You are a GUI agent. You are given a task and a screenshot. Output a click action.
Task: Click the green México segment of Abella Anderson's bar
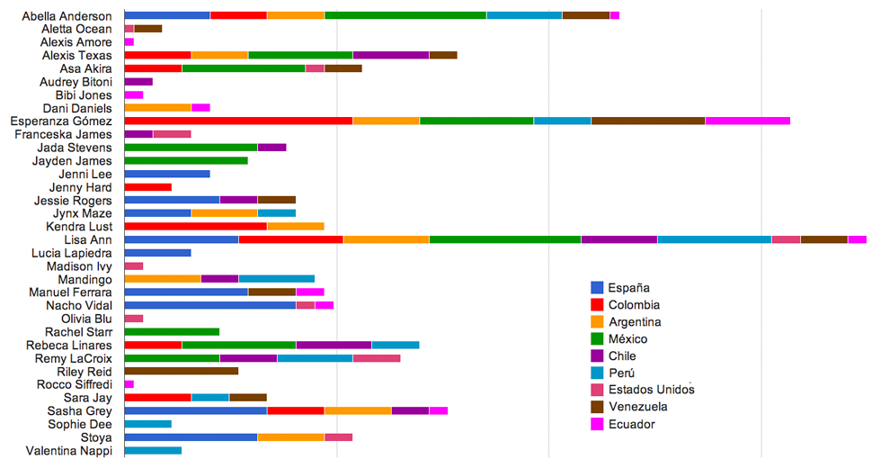[x=405, y=15]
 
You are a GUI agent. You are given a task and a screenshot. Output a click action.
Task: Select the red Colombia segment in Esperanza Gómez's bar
[x=238, y=121]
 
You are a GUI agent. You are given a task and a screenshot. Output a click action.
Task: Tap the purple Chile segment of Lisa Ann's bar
[x=618, y=239]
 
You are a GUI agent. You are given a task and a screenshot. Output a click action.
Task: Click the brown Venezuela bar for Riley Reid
[x=181, y=371]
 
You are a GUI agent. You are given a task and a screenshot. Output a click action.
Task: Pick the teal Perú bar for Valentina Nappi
[x=153, y=450]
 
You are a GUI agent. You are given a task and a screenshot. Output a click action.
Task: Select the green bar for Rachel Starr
[x=172, y=331]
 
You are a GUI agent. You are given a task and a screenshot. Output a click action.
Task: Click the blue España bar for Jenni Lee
[x=167, y=174]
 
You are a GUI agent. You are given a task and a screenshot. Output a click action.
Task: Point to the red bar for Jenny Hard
[x=148, y=186]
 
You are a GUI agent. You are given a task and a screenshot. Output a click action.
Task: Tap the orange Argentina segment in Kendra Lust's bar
[x=295, y=226]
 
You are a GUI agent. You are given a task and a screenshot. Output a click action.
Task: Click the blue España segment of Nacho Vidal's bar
[x=209, y=305]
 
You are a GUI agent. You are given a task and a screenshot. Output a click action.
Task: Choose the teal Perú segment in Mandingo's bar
[x=276, y=279]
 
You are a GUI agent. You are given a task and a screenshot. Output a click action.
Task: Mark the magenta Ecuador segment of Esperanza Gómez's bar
[x=747, y=121]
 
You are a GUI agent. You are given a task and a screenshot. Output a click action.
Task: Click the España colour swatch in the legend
[x=597, y=287]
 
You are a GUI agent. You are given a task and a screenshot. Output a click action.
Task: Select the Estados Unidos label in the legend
[x=651, y=390]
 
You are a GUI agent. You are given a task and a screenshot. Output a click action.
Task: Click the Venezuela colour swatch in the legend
[x=597, y=407]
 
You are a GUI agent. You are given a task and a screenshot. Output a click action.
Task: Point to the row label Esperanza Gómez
[x=61, y=121]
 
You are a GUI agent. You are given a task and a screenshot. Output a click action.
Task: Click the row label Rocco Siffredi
[x=73, y=384]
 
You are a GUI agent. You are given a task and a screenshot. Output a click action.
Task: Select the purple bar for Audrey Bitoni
[x=138, y=81]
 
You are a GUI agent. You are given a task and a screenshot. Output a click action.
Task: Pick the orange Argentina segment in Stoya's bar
[x=290, y=437]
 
